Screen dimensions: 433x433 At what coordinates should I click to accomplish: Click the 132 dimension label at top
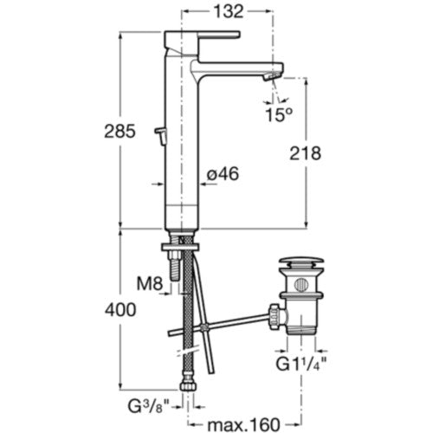(229, 12)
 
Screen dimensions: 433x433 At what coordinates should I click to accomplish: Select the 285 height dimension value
(120, 132)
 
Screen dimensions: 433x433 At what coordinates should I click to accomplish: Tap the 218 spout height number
(306, 153)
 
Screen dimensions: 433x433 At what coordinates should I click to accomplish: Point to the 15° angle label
(279, 114)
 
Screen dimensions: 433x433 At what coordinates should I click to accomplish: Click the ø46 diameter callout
(223, 174)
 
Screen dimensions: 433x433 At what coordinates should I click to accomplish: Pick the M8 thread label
(150, 284)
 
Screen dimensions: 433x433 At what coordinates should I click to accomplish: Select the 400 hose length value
(120, 310)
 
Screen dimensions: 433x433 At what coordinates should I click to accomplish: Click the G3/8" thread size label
(148, 406)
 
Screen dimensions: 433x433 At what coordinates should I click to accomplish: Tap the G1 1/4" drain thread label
(301, 365)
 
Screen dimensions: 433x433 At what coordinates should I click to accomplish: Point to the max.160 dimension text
(244, 424)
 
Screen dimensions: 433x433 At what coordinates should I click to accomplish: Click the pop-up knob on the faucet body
(161, 135)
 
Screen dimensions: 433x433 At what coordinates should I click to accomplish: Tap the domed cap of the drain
(301, 262)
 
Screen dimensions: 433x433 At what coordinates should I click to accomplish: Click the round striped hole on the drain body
(301, 285)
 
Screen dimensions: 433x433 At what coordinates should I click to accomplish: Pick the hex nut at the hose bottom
(188, 386)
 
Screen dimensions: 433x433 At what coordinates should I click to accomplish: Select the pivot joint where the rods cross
(204, 327)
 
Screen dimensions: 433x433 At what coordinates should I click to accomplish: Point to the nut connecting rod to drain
(275, 316)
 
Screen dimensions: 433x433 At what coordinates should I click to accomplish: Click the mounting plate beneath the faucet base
(181, 247)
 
